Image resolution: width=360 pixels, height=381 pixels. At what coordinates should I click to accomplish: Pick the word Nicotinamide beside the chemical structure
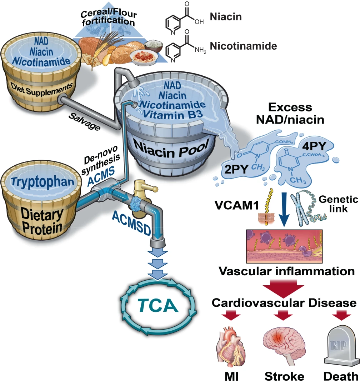click(243, 46)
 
